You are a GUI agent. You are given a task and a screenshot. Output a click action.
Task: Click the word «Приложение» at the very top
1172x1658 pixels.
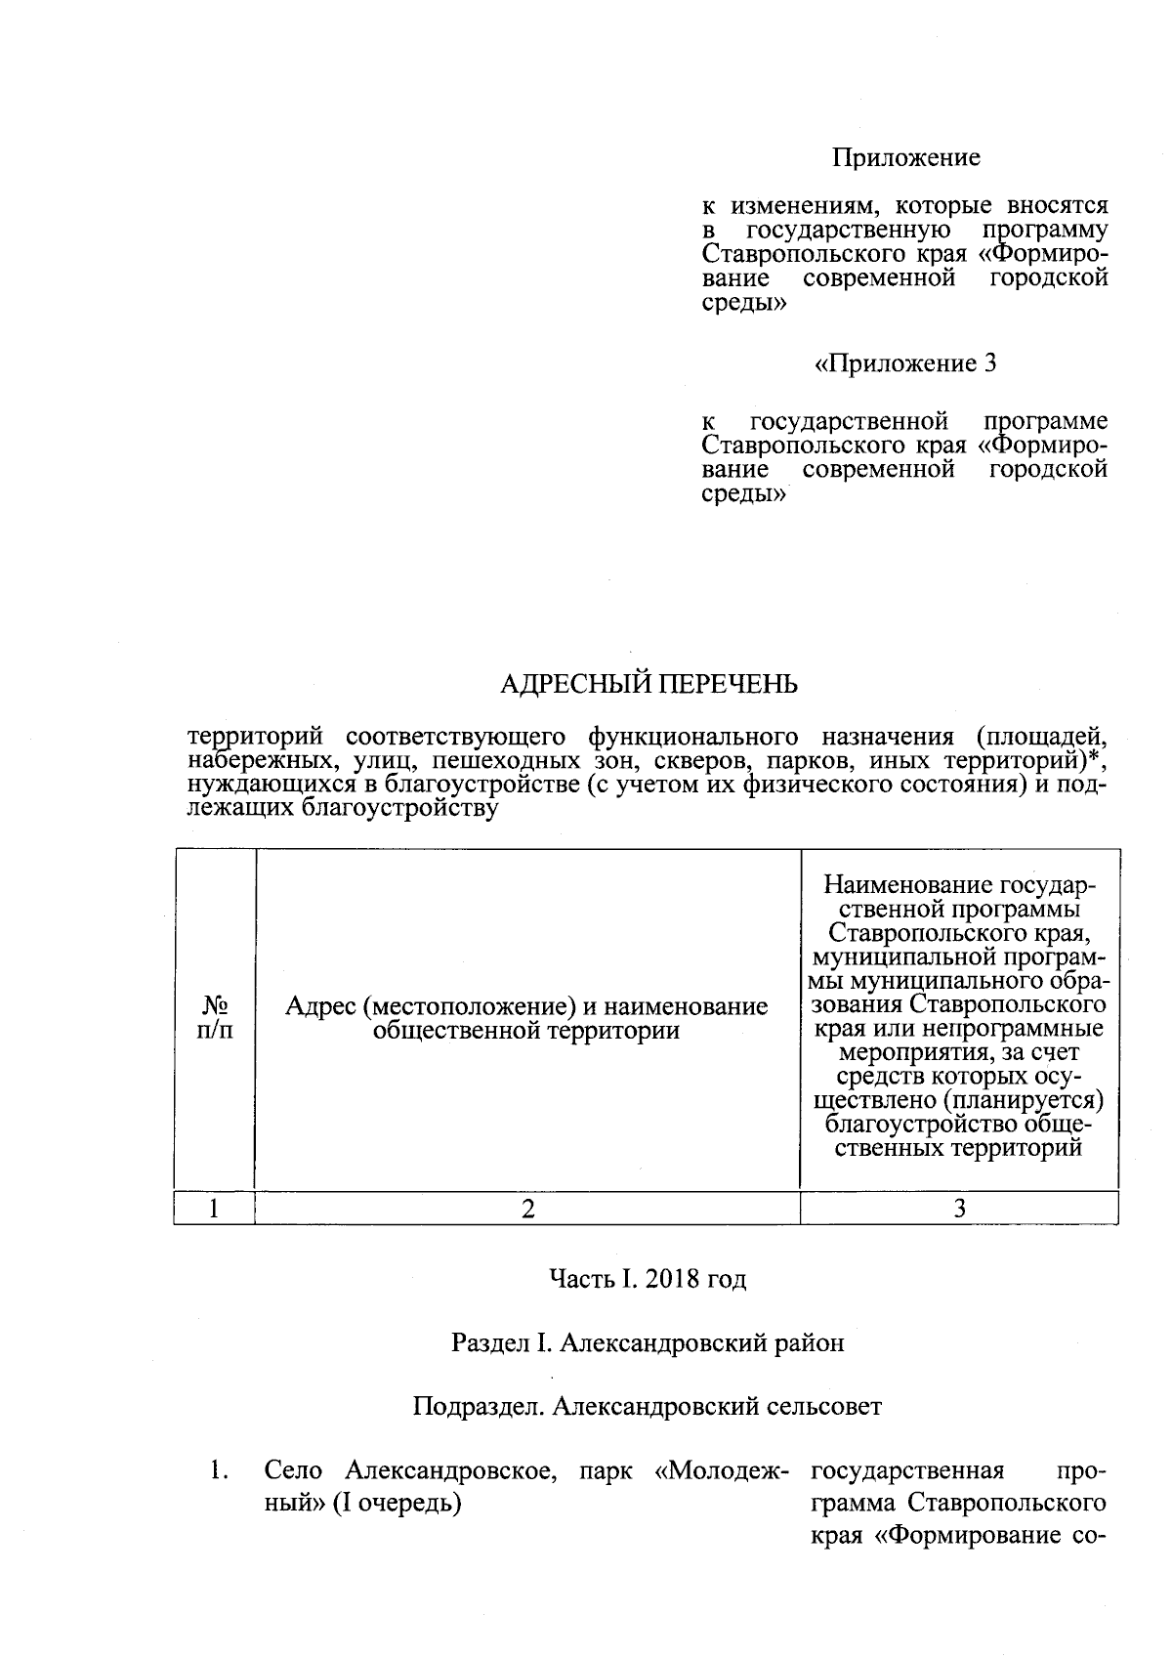(x=905, y=157)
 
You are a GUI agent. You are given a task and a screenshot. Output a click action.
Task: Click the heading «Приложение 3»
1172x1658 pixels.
(x=905, y=364)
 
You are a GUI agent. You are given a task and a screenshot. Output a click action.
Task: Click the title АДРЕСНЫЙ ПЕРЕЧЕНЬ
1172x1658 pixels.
(x=649, y=684)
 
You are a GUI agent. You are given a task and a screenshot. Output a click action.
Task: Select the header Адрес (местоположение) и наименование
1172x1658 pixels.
(x=526, y=1006)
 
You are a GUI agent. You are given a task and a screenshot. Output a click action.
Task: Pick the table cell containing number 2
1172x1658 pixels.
(x=527, y=1209)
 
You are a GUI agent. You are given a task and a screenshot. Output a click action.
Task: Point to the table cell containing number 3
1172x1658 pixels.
(x=959, y=1209)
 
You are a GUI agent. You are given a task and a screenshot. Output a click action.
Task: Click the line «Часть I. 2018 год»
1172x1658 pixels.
(x=648, y=1279)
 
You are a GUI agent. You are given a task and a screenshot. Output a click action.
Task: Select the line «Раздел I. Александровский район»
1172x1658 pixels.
(x=648, y=1342)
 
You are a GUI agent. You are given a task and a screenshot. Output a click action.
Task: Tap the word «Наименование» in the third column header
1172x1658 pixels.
(x=896, y=885)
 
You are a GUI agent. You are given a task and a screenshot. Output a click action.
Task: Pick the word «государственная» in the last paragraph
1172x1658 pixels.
(x=908, y=1470)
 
